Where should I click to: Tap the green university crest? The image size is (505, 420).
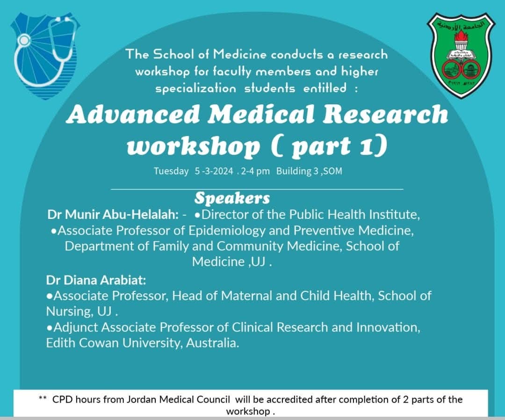461,55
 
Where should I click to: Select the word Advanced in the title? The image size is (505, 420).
133,114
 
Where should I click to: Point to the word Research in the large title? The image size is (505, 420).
385,114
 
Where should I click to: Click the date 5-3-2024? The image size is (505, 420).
214,171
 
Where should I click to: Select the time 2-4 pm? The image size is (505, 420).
255,171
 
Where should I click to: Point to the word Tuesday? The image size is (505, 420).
171,171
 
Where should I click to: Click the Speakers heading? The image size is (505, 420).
232,198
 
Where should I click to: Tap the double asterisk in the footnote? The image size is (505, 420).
43,398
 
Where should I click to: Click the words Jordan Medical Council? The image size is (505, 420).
179,400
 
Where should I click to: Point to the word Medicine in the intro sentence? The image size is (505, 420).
239,54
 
